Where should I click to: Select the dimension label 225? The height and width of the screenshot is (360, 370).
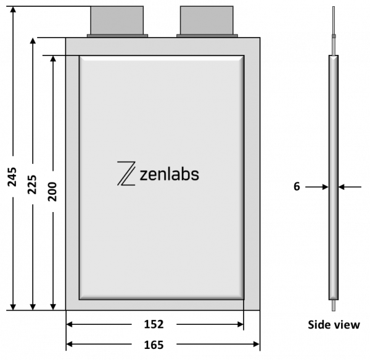pyautogui.click(x=34, y=184)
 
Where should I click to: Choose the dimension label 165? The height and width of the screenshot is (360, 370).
pyautogui.click(x=154, y=346)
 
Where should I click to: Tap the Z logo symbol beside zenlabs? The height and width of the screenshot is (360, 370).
pyautogui.click(x=126, y=173)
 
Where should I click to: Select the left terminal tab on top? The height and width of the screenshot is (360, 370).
pyautogui.click(x=117, y=21)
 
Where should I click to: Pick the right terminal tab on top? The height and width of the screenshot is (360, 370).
pyautogui.click(x=207, y=21)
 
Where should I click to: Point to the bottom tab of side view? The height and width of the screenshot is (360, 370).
pyautogui.click(x=334, y=305)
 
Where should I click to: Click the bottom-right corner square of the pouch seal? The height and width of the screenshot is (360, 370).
pyautogui.click(x=252, y=305)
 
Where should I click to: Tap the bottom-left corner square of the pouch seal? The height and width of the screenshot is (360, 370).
pyautogui.click(x=72, y=305)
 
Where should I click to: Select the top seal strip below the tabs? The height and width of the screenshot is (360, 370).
pyautogui.click(x=163, y=46)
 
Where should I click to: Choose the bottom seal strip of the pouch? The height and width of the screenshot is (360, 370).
pyautogui.click(x=162, y=305)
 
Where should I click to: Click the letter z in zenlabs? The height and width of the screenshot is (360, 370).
pyautogui.click(x=144, y=176)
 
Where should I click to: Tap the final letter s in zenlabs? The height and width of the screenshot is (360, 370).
pyautogui.click(x=195, y=176)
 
